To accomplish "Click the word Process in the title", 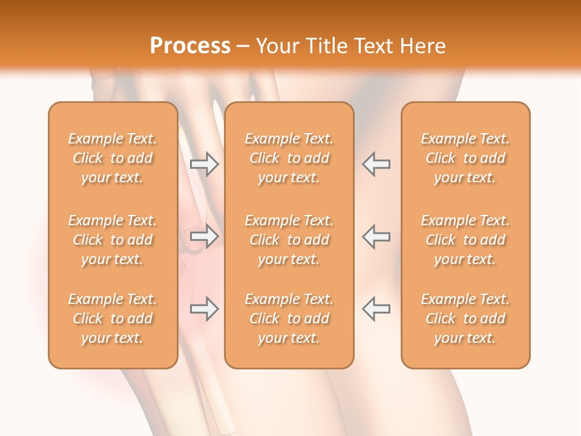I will pyautogui.click(x=190, y=45).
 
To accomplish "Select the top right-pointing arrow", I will pyautogui.click(x=204, y=164).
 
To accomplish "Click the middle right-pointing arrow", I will pyautogui.click(x=204, y=236).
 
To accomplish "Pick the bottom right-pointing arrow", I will pyautogui.click(x=204, y=308).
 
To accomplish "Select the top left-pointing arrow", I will pyautogui.click(x=376, y=164).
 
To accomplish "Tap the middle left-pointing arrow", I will pyautogui.click(x=376, y=236).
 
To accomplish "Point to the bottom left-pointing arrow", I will pyautogui.click(x=376, y=308).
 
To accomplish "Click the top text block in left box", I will pyautogui.click(x=113, y=158).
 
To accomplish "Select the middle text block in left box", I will pyautogui.click(x=113, y=240).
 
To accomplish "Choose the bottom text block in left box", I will pyautogui.click(x=113, y=319).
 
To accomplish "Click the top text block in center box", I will pyautogui.click(x=289, y=158).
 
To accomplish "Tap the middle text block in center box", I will pyautogui.click(x=289, y=240).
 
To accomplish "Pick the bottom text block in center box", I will pyautogui.click(x=289, y=319).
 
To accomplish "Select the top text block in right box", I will pyautogui.click(x=465, y=158).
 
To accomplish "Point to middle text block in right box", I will pyautogui.click(x=465, y=240).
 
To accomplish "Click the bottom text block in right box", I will pyautogui.click(x=465, y=319).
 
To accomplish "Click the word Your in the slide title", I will pyautogui.click(x=277, y=45).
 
